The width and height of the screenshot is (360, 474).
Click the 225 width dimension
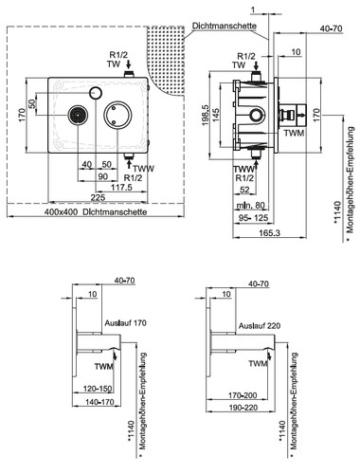[x=98, y=198]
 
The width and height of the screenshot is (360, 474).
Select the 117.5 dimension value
[x=121, y=188]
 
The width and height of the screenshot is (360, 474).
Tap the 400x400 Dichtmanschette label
[x=96, y=211]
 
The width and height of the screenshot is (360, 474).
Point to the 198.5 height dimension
[x=206, y=116]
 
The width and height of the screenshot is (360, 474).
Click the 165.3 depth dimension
[x=270, y=233]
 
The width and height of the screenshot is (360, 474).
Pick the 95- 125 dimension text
[x=253, y=217]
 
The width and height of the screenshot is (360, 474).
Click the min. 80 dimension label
[x=251, y=206]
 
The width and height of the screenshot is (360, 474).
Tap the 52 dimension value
[x=244, y=190]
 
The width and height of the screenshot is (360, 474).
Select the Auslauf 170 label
[x=126, y=323]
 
